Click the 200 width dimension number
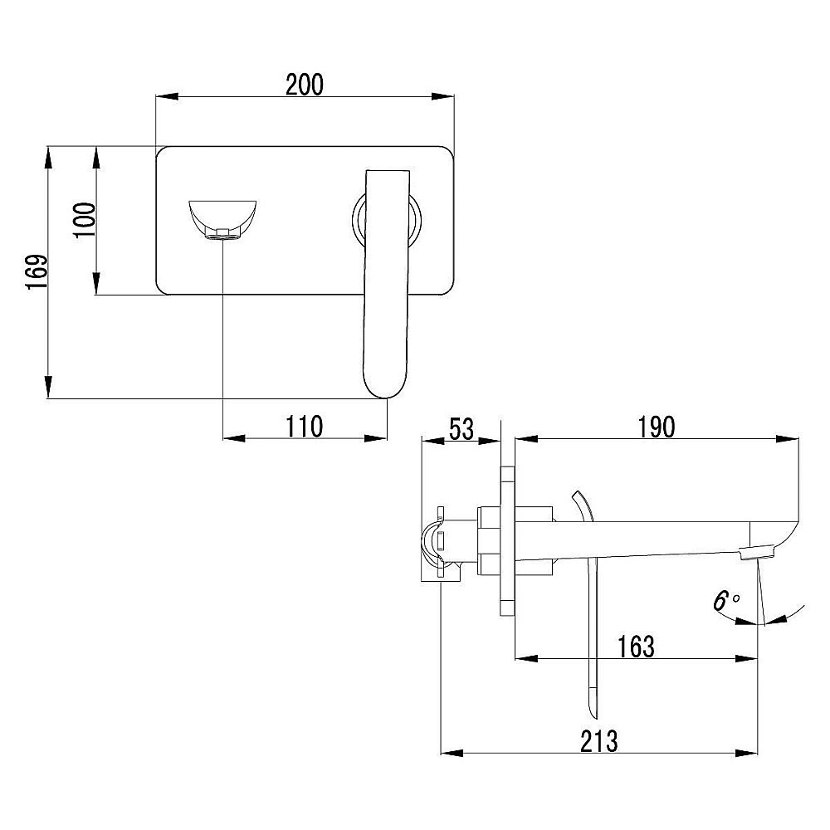pos(305,85)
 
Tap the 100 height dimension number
pos(84,220)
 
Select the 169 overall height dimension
pos(37,272)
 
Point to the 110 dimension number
pos(305,426)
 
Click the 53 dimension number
pos(461,428)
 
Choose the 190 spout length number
pos(657,427)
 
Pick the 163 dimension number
pos(637,647)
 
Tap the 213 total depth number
pos(599,741)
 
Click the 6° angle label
pos(725,601)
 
